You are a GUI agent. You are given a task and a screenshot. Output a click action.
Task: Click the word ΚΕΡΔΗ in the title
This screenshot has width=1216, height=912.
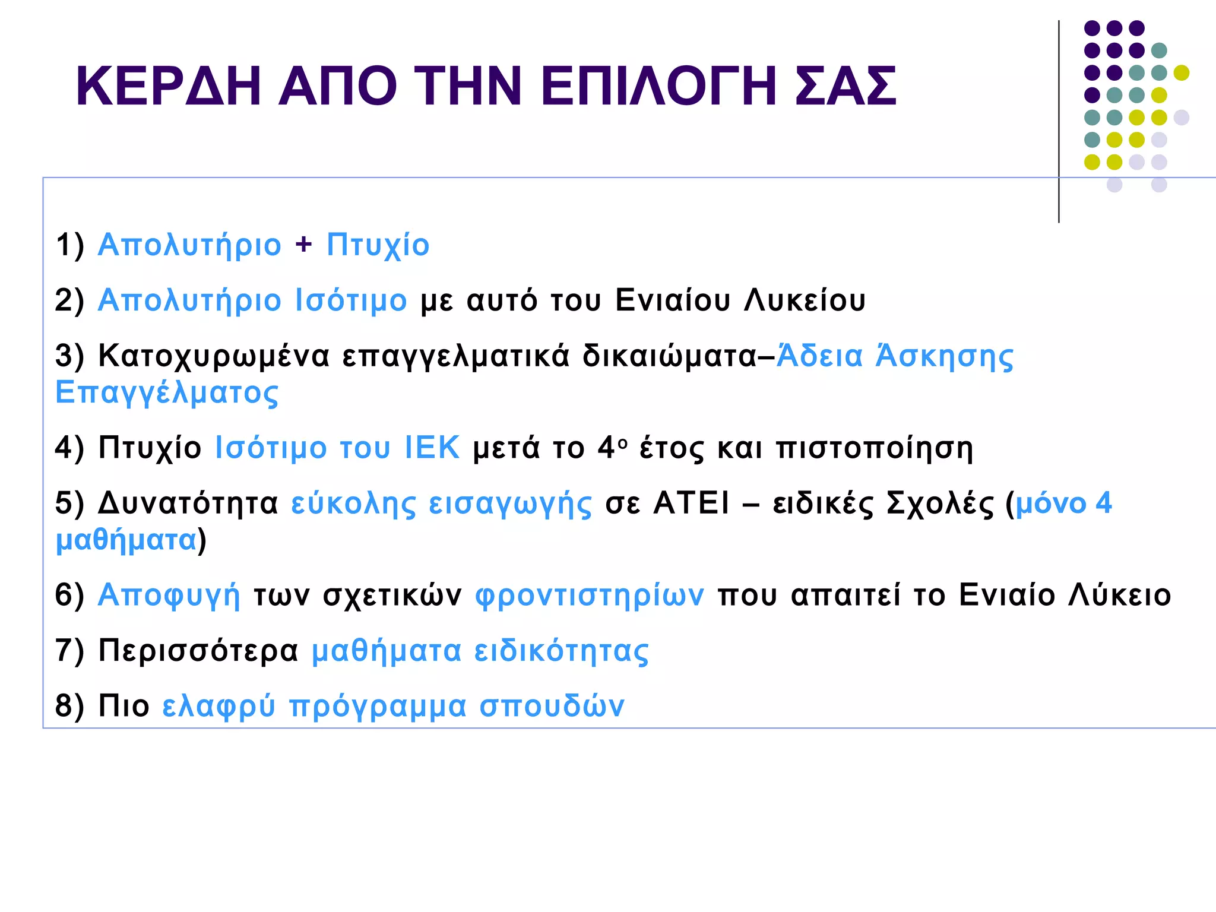169,87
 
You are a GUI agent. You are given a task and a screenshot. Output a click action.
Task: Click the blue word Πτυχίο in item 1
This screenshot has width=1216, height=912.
378,245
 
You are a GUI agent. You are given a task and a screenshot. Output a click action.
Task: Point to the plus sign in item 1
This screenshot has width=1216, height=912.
303,244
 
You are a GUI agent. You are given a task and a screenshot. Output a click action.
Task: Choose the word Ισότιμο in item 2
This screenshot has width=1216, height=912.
351,300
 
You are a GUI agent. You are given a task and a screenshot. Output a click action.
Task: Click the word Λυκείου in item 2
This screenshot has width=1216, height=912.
805,300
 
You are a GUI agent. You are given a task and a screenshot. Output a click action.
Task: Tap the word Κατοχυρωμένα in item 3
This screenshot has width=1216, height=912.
214,356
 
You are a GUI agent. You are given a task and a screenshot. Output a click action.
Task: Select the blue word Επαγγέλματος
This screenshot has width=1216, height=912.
167,393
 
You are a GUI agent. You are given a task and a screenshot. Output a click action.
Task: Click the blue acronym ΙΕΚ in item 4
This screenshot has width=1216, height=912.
432,447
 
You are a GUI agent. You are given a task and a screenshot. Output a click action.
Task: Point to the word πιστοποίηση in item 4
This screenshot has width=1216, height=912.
875,448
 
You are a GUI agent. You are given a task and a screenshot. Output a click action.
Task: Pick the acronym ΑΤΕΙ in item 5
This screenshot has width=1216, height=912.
691,503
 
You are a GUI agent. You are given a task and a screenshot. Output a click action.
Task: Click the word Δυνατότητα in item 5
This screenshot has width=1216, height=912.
188,503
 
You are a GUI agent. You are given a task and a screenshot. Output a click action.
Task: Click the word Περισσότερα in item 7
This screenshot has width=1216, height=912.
198,651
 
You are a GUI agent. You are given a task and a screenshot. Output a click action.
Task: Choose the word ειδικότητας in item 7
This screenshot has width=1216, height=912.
561,651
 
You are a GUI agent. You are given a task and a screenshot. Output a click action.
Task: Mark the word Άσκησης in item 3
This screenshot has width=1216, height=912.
945,356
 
